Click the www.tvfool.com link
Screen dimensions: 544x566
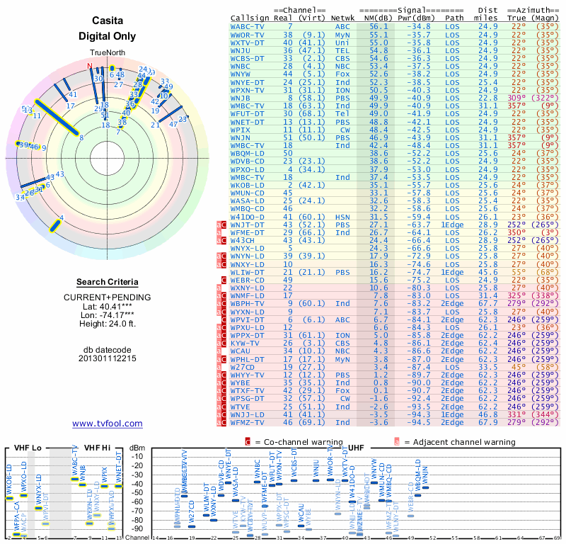107,424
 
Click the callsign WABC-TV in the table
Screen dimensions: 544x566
248,26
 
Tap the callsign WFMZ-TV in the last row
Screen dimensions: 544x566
248,422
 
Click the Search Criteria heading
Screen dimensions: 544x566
107,282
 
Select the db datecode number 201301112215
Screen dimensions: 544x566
108,358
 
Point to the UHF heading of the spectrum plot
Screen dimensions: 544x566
357,448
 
